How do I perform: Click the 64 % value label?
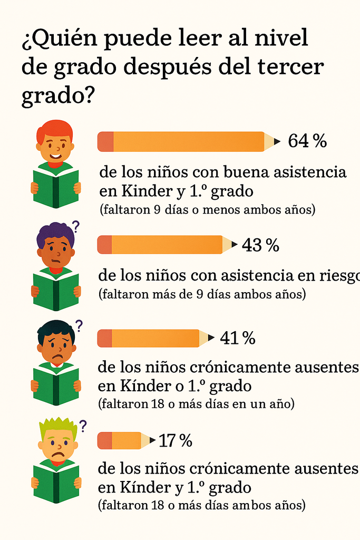coord(307,141)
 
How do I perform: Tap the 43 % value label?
coord(260,245)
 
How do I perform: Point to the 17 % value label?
coord(175,440)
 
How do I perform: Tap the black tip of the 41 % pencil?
coord(211,338)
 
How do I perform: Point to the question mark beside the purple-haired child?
coord(75,227)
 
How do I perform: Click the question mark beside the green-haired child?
coord(82,425)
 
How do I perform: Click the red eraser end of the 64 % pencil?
coord(105,142)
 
